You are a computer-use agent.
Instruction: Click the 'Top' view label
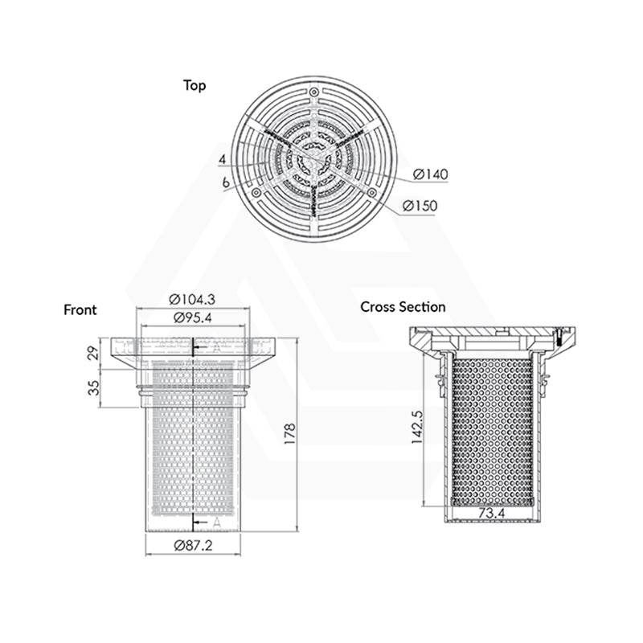coord(195,86)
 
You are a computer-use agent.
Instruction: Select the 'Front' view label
coord(80,309)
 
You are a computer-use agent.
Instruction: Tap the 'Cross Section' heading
coord(403,306)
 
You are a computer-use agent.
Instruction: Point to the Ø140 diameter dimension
coord(430,174)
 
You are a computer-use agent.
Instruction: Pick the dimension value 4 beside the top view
coord(221,160)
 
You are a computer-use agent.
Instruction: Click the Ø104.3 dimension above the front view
coord(192,298)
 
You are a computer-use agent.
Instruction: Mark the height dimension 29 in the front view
coord(94,352)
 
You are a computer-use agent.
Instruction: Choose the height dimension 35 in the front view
coord(94,388)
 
